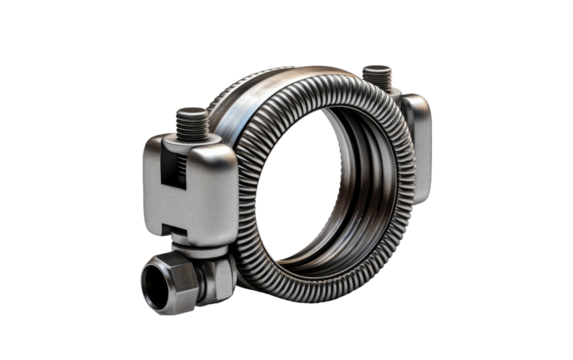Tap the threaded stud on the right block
(377, 79)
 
